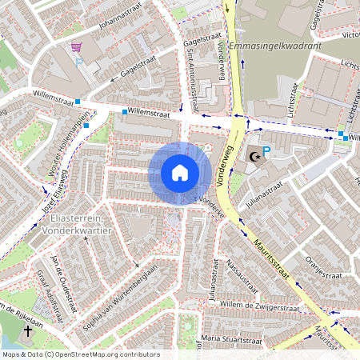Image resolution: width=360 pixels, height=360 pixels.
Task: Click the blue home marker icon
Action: click(179, 173)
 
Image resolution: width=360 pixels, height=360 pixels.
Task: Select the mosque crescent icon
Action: click(254, 157)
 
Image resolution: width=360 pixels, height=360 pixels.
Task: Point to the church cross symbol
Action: click(28, 330)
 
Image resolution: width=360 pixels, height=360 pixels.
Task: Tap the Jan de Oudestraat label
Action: click(62, 279)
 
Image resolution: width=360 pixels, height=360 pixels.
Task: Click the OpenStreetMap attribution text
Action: click(80, 354)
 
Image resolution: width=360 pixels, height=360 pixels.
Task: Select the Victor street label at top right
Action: click(350, 35)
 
